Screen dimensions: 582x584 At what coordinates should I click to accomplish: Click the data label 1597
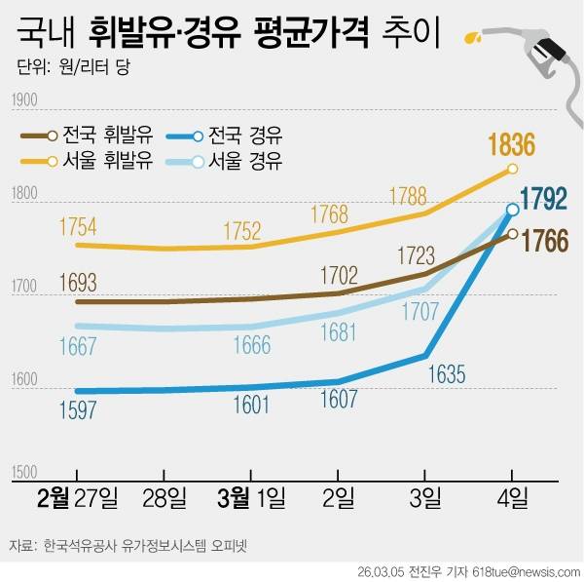78,409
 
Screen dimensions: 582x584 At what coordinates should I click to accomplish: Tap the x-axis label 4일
512,499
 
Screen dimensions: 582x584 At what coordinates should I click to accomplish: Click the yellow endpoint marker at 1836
513,170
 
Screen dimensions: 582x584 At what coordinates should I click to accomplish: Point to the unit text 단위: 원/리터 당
72,69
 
